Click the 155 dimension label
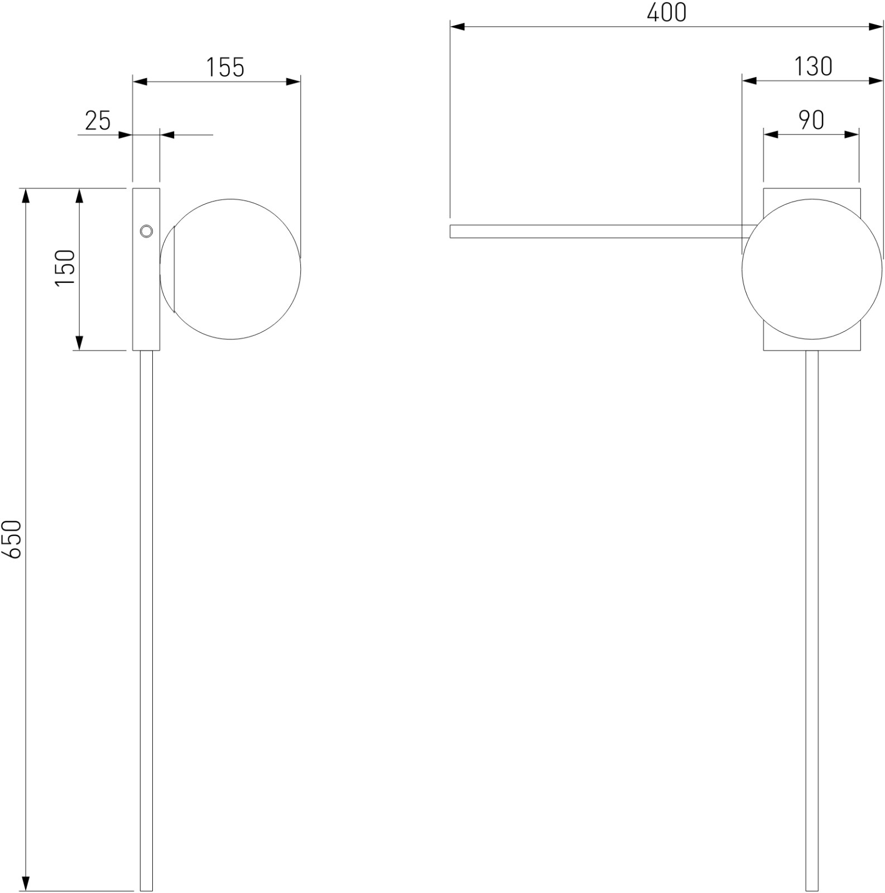pos(225,68)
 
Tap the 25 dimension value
pos(98,121)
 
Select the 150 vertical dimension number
pos(65,268)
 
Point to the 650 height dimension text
pos(12,539)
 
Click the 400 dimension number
pos(667,12)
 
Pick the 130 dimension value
pos(813,67)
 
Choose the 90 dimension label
pos(811,120)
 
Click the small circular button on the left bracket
pos(146,231)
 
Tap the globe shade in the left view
pos(230,269)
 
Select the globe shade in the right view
pos(812,269)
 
